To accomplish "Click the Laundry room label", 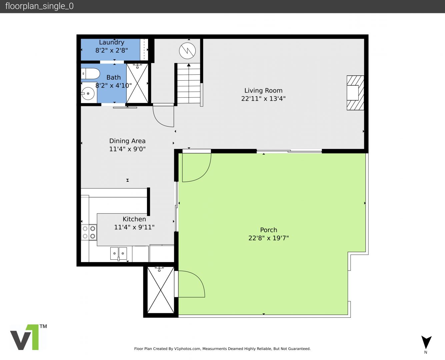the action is click(x=112, y=42).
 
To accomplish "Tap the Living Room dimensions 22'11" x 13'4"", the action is click(x=263, y=98).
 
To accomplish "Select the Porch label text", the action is click(x=268, y=230).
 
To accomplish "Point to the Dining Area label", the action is click(x=127, y=141).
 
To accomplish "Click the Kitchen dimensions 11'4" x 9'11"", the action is click(x=134, y=227).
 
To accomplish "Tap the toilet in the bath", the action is click(x=90, y=74).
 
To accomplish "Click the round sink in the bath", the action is click(x=88, y=93).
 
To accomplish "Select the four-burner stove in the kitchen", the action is click(x=89, y=232).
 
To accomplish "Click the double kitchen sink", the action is click(x=118, y=253).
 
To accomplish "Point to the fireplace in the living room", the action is click(x=355, y=93).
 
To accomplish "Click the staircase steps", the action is click(x=189, y=83).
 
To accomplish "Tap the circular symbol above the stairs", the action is click(x=187, y=51).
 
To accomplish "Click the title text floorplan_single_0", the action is click(x=39, y=6).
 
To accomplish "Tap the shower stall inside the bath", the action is click(x=137, y=83).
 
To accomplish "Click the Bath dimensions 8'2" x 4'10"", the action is click(x=113, y=85).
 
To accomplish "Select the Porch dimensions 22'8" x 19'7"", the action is click(x=268, y=238).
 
